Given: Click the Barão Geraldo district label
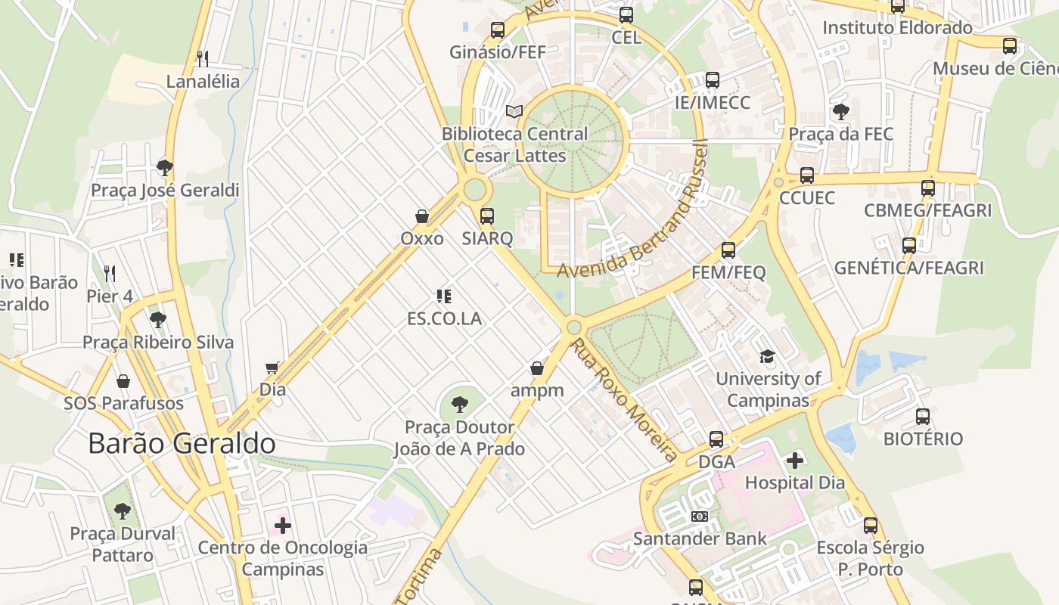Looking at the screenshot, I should coord(182,443).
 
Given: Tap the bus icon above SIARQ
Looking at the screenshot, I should coord(487,216).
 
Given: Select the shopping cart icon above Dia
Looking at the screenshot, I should coord(272,368).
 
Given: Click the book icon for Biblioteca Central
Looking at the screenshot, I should coord(514,111).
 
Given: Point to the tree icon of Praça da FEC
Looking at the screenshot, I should coord(840,112).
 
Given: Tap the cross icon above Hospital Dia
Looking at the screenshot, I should coord(795,460).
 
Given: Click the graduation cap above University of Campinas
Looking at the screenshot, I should coord(768,356).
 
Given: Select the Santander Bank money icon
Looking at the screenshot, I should coord(700,516).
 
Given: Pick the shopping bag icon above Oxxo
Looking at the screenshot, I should coord(422,216).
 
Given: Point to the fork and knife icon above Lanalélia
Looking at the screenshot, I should coord(202,58).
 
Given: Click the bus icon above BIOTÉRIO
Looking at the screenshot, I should coord(923,416).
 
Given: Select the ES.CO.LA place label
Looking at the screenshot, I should coord(444,318).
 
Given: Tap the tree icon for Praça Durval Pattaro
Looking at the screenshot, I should coord(123,511).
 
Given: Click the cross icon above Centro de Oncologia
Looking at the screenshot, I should coord(283,525).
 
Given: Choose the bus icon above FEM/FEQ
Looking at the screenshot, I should coord(728,250).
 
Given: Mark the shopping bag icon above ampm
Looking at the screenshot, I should coord(537,368).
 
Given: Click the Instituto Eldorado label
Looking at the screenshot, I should coord(897,28).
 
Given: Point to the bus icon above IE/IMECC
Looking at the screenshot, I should coord(712,80).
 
